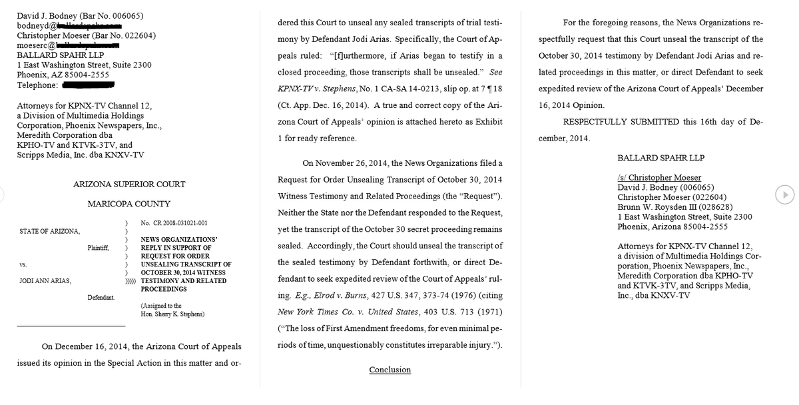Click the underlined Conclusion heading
[390, 370]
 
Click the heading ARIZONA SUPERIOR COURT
[129, 185]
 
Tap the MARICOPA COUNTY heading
[129, 204]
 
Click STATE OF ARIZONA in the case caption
[49, 231]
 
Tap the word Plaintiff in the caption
[97, 248]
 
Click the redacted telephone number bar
[88, 85]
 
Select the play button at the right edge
[785, 195]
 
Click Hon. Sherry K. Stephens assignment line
[172, 314]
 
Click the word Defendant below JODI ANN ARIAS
[100, 297]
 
